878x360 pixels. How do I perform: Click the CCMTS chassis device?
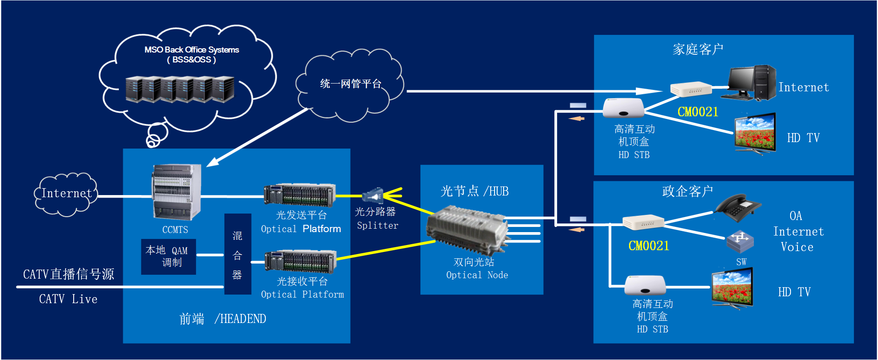tap(176, 192)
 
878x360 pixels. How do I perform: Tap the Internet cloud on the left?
tap(66, 194)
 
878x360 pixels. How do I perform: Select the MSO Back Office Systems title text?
tap(192, 50)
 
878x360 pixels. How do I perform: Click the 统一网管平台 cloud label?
tap(351, 84)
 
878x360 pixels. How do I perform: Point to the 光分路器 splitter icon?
tap(373, 196)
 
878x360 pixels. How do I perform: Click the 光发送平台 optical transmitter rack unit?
tap(300, 195)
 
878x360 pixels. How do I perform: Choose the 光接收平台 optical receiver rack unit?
tap(300, 262)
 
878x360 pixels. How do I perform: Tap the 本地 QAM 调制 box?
tap(168, 257)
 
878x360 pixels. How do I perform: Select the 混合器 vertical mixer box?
tap(238, 254)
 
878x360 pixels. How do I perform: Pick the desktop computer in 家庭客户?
tap(752, 83)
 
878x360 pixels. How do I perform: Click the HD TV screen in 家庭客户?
tap(755, 133)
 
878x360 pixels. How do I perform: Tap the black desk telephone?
tap(738, 208)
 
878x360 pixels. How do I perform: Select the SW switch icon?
tap(740, 241)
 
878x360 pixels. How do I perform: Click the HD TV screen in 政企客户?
tap(732, 288)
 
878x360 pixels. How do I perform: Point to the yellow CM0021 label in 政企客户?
tap(649, 246)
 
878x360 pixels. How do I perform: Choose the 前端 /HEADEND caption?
tap(223, 319)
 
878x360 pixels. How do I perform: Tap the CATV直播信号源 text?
tap(68, 274)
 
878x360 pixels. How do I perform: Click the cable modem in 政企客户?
tap(643, 222)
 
